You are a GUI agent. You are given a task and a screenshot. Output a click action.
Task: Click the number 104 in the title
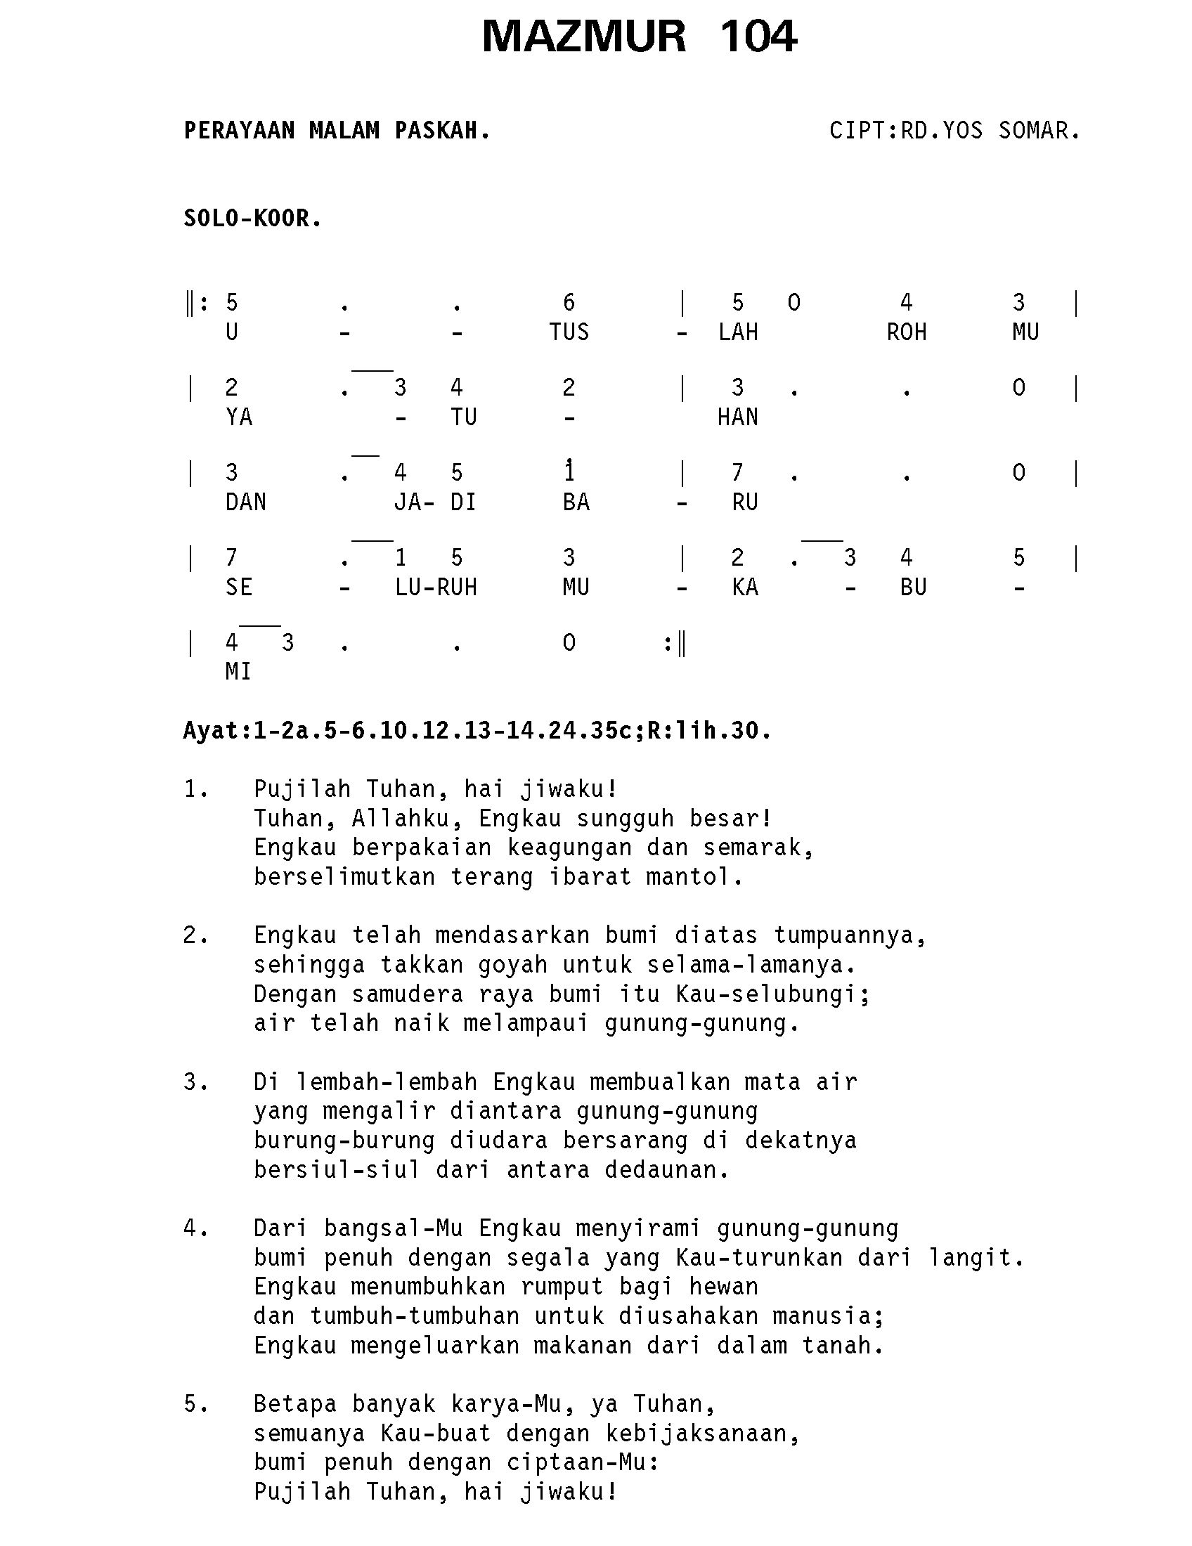point(758,37)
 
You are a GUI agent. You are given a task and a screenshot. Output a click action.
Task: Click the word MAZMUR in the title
point(584,37)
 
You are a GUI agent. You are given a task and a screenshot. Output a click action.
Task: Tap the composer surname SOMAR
point(1038,131)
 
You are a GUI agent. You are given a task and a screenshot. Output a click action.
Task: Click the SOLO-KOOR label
point(252,219)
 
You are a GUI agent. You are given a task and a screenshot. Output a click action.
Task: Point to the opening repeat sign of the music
point(196,304)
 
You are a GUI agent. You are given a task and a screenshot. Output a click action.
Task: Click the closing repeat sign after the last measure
point(675,644)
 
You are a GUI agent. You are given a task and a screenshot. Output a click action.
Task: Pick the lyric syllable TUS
point(569,332)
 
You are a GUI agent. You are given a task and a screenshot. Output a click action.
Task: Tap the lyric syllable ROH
point(906,332)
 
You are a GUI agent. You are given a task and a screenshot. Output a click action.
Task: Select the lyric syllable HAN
point(737,417)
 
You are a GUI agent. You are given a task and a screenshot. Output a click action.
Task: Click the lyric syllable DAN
point(245,502)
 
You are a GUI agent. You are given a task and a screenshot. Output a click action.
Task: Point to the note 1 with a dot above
point(569,471)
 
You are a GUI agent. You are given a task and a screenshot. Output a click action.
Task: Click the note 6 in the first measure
point(569,304)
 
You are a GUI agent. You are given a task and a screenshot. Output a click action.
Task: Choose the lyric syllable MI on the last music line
point(238,672)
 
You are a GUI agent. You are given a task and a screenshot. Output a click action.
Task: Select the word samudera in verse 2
point(407,994)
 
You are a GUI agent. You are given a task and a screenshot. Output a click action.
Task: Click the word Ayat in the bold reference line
point(211,731)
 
